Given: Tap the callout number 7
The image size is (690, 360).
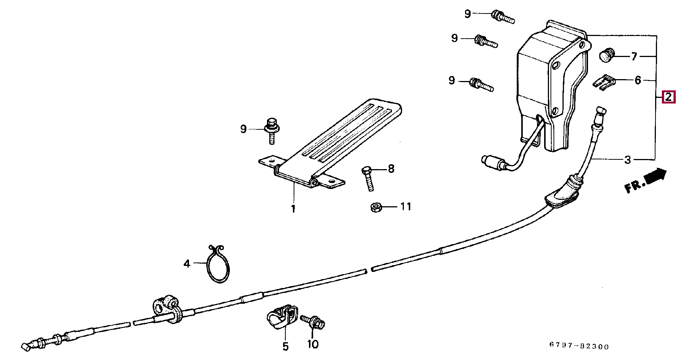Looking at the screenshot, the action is (634, 57).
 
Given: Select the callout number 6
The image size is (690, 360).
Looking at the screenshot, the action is (638, 80).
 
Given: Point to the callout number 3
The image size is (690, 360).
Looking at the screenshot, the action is (628, 160).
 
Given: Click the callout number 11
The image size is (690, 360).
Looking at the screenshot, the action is (406, 207).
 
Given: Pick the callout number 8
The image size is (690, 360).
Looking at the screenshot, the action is (391, 169).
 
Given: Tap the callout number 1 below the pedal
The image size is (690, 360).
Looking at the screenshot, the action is (293, 209).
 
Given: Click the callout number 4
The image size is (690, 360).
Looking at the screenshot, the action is (187, 264).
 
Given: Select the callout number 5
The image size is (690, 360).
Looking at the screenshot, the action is (286, 346).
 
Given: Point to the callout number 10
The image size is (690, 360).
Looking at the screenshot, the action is (313, 344).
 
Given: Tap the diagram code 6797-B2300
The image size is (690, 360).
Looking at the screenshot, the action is (579, 346).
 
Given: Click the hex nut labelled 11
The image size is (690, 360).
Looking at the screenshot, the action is (376, 207).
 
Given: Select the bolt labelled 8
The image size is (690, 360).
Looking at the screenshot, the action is (367, 179).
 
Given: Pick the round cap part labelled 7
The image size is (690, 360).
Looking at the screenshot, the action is (605, 55).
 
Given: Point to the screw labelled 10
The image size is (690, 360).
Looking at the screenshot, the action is (312, 321).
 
